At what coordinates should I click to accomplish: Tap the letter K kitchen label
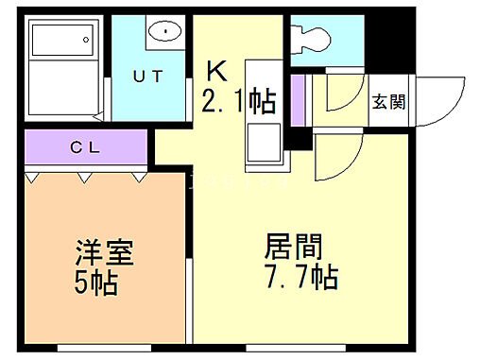tap(217, 71)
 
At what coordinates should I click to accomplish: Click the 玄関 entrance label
tap(388, 102)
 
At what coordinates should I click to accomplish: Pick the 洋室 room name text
tap(104, 253)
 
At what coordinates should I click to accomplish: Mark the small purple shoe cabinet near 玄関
tap(299, 102)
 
